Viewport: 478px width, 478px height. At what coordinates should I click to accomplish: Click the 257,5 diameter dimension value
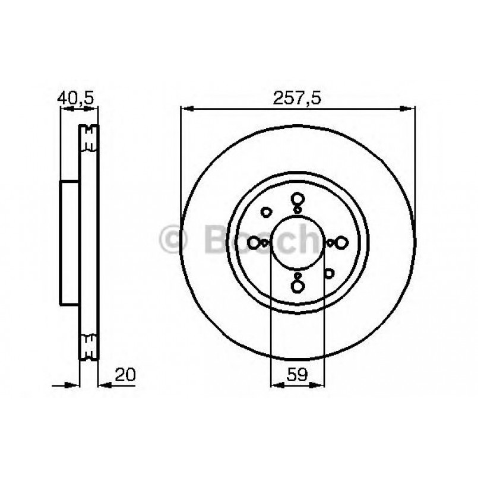pos(297,99)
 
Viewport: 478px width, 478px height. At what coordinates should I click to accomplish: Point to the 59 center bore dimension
pos(297,375)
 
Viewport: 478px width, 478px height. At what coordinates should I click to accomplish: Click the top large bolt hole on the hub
pos(297,200)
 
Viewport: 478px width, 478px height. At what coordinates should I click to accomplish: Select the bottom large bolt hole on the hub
pos(297,285)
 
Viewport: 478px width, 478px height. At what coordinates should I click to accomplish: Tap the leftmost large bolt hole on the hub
pos(255,242)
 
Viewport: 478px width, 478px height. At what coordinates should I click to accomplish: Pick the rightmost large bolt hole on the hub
pos(341,242)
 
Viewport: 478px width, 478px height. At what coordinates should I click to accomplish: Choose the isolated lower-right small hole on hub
pos(330,273)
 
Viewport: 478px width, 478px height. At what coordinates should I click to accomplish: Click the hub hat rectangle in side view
pos(70,242)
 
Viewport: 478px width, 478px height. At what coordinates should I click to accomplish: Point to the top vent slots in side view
pos(90,138)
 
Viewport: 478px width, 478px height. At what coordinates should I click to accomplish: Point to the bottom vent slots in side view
pos(90,347)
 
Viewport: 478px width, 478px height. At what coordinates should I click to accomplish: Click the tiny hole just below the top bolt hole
pos(297,209)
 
